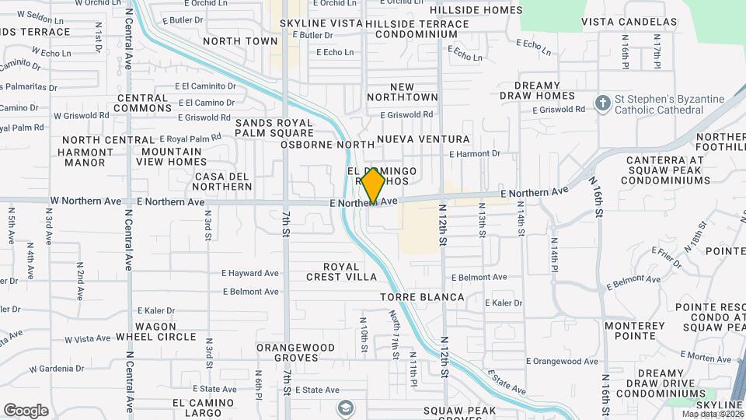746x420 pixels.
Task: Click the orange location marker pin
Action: tap(374, 184)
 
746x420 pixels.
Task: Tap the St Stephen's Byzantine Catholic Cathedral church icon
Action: tap(602, 103)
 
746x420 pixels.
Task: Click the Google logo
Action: tap(26, 410)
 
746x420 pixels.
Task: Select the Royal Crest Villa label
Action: tap(341, 271)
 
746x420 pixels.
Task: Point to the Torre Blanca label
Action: tap(422, 297)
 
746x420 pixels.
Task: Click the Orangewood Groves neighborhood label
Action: tap(288, 352)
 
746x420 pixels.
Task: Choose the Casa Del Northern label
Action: tap(224, 181)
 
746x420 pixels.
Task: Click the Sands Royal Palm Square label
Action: tap(274, 128)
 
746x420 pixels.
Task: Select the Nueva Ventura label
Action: tap(424, 139)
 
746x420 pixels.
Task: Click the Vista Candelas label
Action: tap(629, 22)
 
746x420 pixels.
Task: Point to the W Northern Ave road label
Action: tap(86, 201)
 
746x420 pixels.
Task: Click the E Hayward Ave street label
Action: tap(250, 274)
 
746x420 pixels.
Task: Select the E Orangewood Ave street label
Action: tap(562, 361)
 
